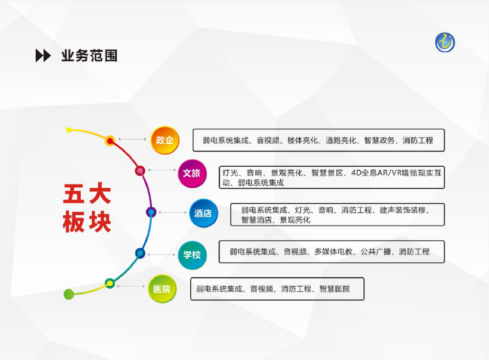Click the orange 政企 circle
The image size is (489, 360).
click(x=165, y=140)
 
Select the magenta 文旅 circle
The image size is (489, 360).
click(x=192, y=173)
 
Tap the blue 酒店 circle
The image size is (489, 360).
click(x=203, y=213)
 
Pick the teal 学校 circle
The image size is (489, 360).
click(x=192, y=255)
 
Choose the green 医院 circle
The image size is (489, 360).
click(x=162, y=289)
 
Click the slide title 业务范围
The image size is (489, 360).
click(x=89, y=56)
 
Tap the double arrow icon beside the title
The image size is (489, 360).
click(x=43, y=56)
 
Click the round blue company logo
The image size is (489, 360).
click(x=445, y=43)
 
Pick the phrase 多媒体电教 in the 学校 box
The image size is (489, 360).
click(x=333, y=252)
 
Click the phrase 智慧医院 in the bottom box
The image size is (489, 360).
click(x=335, y=289)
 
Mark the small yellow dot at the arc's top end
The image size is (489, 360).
click(x=69, y=130)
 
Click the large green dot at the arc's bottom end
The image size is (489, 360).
click(x=69, y=294)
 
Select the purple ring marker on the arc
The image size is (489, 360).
click(x=151, y=212)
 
